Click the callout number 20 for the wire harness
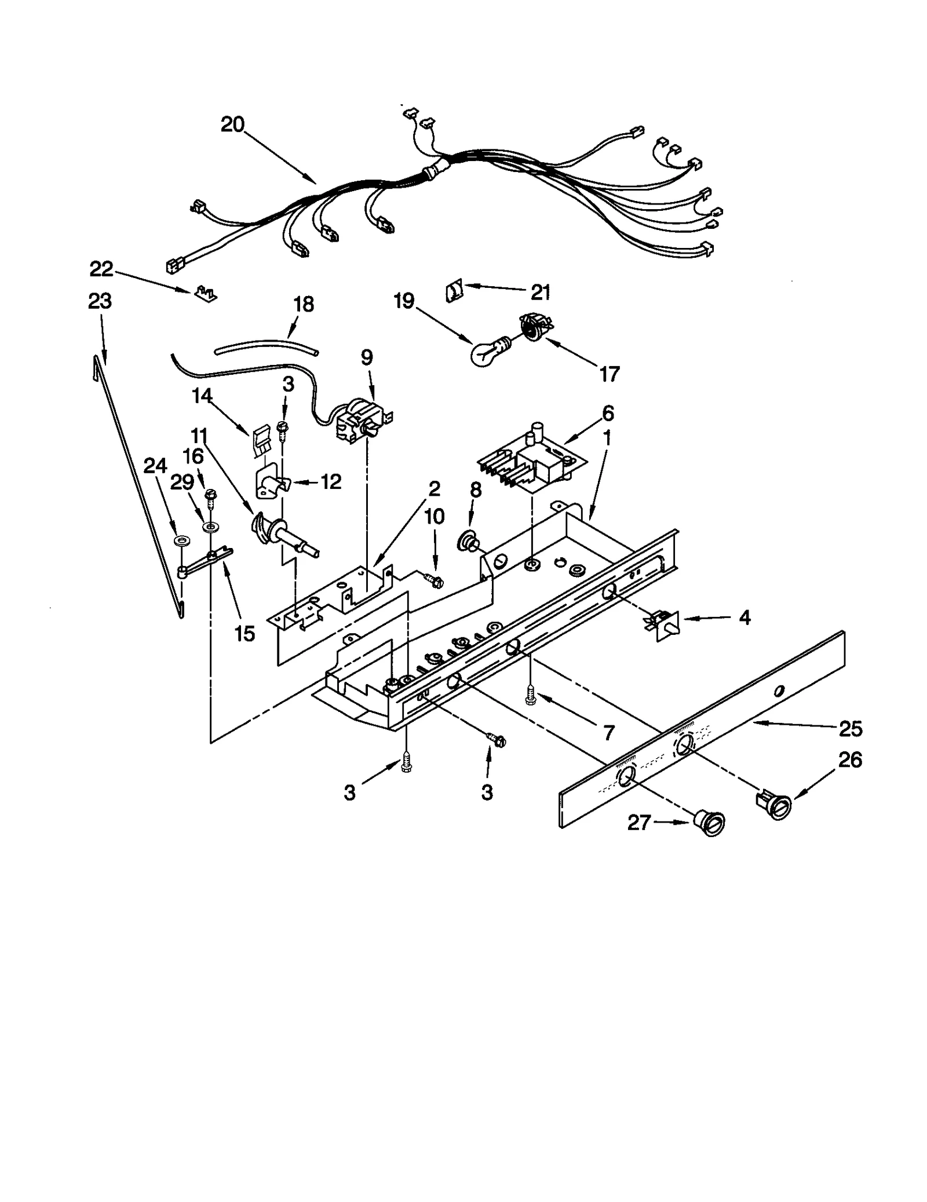tap(232, 125)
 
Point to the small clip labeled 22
tap(206, 293)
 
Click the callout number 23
tap(100, 301)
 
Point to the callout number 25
tap(850, 728)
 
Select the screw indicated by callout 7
tap(530, 695)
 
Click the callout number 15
tap(245, 633)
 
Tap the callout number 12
tap(331, 481)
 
